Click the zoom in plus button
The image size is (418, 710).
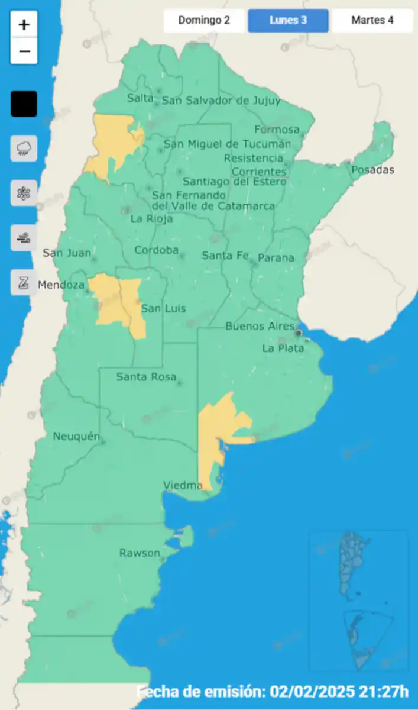point(24,25)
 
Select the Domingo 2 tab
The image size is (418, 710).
point(204,20)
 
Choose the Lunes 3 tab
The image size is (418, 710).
point(288,20)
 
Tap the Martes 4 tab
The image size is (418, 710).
point(372,20)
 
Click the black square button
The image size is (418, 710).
point(24,104)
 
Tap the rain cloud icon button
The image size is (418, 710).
point(24,148)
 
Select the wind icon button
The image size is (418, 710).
point(24,238)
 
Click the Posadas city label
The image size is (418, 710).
point(372,170)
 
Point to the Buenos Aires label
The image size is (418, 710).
point(260,327)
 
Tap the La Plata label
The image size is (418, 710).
point(283,348)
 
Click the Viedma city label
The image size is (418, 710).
point(183,486)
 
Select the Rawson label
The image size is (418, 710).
point(140,553)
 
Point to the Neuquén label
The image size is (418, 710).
point(76,437)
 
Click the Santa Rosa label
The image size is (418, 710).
point(146,376)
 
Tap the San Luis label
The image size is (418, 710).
point(163,308)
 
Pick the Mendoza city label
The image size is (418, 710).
point(60,285)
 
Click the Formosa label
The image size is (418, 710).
point(277,129)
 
